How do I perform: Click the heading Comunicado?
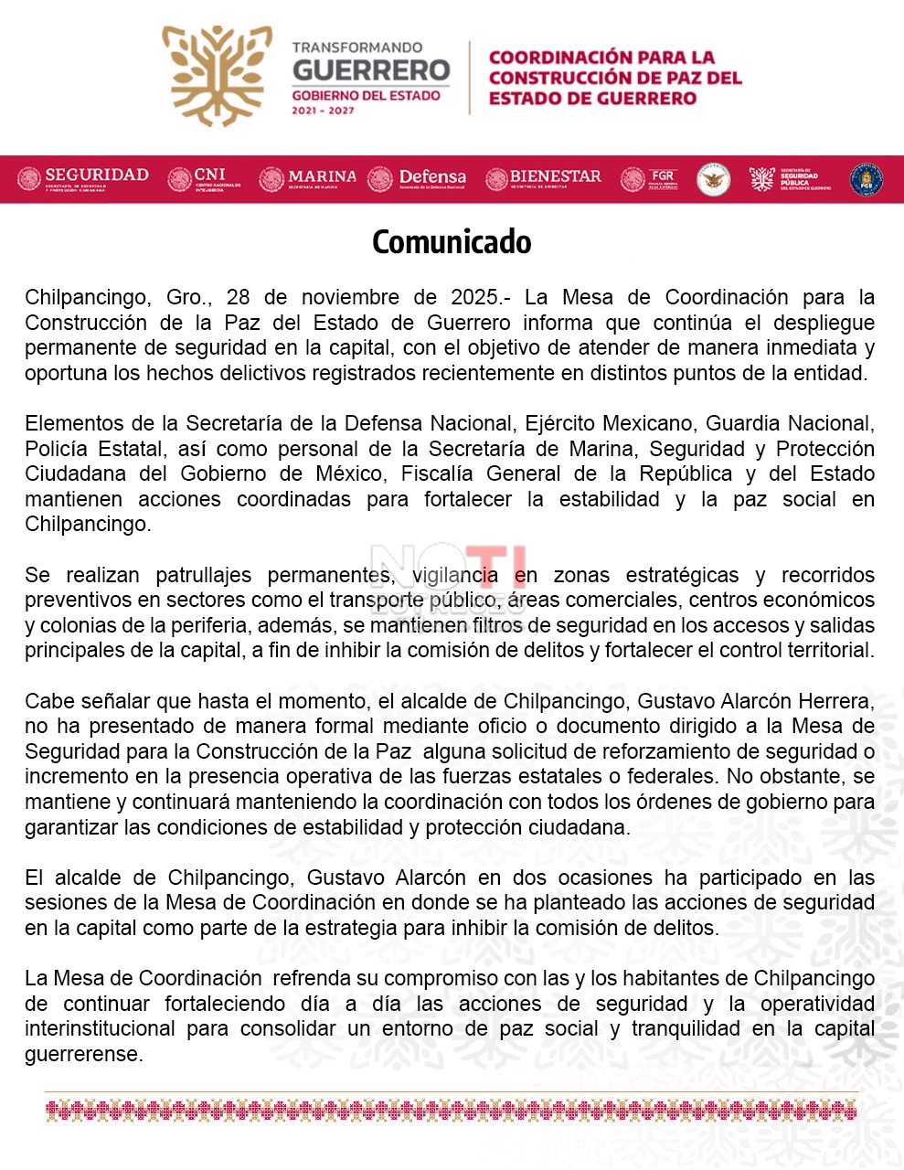[452, 242]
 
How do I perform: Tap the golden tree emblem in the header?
[217, 75]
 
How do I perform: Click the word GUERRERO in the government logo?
[371, 70]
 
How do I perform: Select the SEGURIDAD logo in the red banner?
[83, 177]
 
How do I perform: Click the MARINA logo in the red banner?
[308, 178]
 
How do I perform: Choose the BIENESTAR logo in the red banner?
[543, 178]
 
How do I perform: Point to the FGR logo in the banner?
[649, 178]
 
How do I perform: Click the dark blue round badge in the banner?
[866, 179]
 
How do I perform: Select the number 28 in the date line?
[239, 298]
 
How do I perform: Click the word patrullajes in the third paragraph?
[203, 576]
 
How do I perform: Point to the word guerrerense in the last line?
[83, 1055]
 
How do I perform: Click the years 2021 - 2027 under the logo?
[323, 111]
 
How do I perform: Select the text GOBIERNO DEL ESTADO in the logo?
[366, 96]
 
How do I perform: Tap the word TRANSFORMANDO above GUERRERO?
[357, 48]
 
